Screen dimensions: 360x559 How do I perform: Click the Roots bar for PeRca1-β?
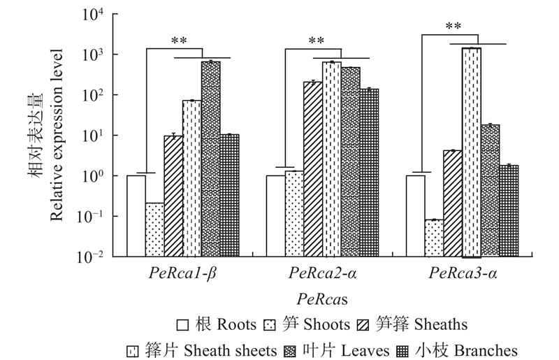(x=136, y=215)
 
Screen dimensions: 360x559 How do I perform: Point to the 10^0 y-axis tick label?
(x=93, y=176)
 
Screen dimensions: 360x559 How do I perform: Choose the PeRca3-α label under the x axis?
(x=463, y=273)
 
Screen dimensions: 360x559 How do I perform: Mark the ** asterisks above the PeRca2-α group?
(x=317, y=41)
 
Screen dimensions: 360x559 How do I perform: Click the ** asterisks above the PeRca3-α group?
(x=453, y=27)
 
